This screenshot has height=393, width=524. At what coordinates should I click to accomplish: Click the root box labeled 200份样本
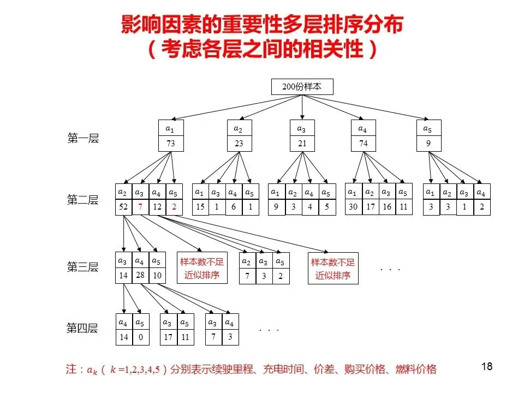point(302,86)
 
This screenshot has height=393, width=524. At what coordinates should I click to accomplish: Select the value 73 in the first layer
point(170,144)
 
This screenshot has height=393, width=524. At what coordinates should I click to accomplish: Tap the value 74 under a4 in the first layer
point(364,144)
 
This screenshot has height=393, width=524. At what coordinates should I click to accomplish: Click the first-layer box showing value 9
point(428,144)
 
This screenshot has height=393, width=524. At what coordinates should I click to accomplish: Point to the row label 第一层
point(83,139)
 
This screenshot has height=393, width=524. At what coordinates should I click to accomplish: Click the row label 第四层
point(82,329)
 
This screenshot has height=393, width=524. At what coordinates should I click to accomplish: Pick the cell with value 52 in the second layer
point(123,207)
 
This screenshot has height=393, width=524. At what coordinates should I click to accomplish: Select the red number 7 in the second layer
point(140,207)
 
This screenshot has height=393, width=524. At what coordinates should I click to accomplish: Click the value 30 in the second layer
point(353,207)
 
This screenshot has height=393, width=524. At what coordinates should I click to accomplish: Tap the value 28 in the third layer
point(140,275)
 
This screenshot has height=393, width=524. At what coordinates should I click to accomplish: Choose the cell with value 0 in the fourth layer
point(140,337)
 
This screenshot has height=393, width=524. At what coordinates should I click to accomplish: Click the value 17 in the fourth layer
point(168,337)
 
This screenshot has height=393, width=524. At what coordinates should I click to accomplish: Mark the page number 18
point(487,367)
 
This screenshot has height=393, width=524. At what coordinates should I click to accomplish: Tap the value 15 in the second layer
point(200,207)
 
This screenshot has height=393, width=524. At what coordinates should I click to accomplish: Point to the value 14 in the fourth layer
point(124,337)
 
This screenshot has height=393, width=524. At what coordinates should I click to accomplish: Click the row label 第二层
point(83,200)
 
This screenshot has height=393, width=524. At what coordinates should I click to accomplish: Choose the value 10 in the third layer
point(157,275)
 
